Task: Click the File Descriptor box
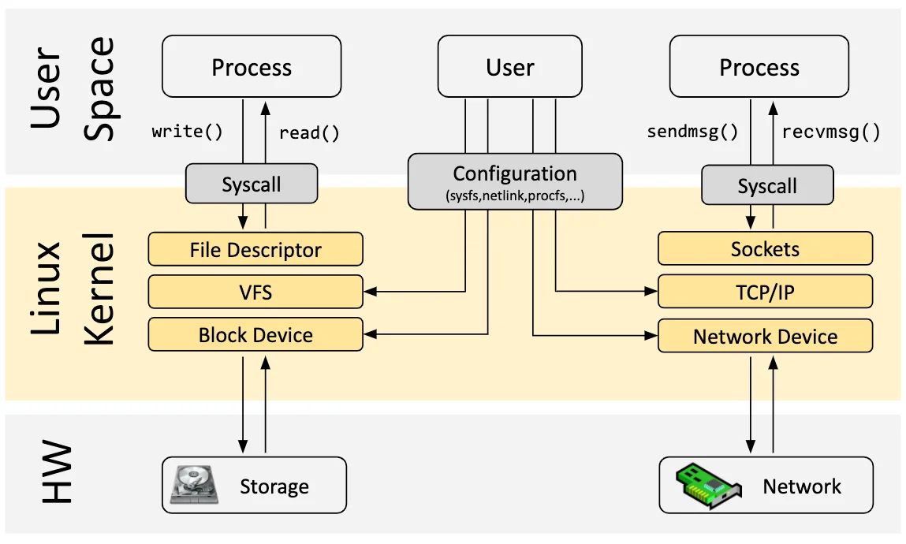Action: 255,250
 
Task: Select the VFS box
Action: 255,292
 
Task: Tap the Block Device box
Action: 255,335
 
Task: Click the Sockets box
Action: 765,249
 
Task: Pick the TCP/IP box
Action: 765,292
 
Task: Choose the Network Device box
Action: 765,337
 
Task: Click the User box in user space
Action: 509,68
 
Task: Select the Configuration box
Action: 515,182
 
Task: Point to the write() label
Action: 188,132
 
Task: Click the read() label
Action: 309,132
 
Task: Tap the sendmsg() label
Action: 692,132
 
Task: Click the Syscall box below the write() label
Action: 251,184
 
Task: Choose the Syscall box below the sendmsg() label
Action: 766,186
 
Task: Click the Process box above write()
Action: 252,68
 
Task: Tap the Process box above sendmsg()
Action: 759,68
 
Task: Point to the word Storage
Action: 274,486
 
